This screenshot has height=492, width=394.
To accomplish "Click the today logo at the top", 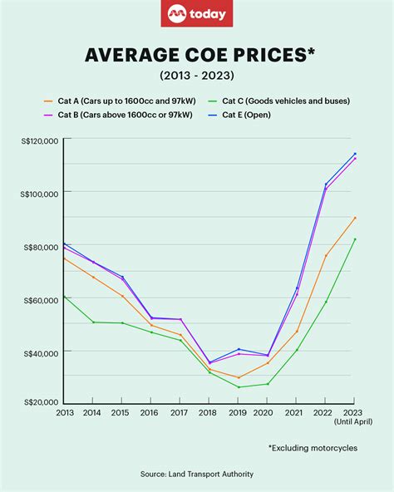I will tap(196, 14).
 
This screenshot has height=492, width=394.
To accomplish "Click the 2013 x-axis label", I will tap(64, 412).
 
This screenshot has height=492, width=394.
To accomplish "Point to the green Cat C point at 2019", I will tap(239, 387).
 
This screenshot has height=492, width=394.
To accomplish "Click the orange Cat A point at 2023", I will tap(355, 218).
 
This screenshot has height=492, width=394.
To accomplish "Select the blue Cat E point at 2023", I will tap(355, 154).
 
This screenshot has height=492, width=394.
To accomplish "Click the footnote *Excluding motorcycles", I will tap(312, 448).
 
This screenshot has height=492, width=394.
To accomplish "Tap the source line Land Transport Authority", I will tap(197, 474).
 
